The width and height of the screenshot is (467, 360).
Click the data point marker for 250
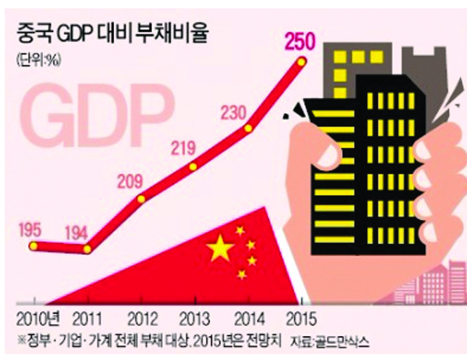(301, 61)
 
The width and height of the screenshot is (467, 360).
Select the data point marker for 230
(248, 128)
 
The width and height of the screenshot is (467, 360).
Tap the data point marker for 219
(193, 166)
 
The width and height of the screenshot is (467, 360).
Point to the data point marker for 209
(141, 198)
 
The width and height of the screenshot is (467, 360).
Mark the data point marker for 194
(87, 249)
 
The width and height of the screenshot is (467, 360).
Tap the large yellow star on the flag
(220, 249)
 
